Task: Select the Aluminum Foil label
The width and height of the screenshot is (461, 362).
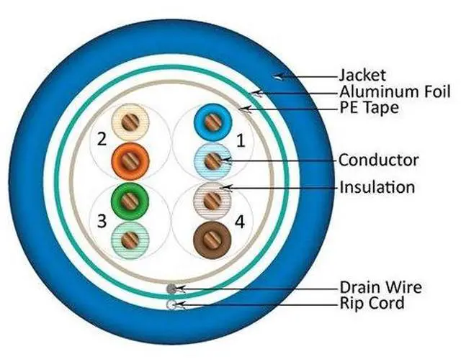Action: [x=394, y=92]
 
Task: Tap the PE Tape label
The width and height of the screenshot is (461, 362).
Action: [x=370, y=109]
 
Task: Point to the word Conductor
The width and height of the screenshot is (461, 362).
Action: [x=378, y=160]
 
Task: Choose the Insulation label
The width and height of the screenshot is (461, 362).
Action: [x=377, y=188]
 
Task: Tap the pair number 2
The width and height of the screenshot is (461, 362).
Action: [x=102, y=137]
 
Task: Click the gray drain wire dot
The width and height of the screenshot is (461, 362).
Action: [x=171, y=289]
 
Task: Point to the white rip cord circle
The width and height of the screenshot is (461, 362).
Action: [x=171, y=304]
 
